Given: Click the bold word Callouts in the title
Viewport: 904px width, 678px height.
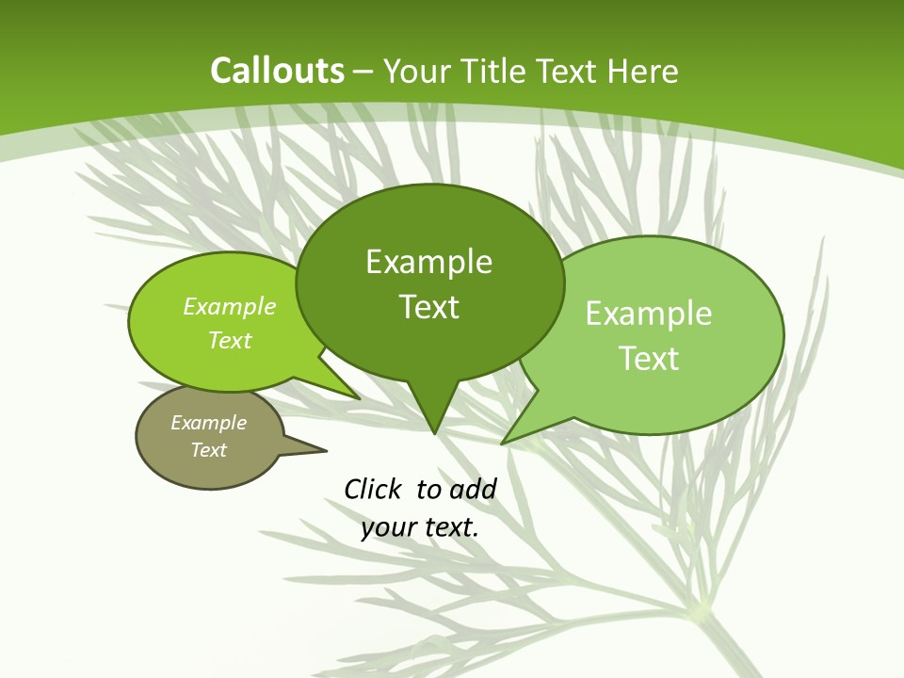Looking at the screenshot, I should click(278, 71).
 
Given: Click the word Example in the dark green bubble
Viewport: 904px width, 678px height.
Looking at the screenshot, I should click(428, 262).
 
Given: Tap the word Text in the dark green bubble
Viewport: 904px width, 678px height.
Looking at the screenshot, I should click(428, 307).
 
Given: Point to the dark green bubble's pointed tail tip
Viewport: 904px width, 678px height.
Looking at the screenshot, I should click(434, 433).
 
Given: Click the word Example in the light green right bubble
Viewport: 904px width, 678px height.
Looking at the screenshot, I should click(649, 314).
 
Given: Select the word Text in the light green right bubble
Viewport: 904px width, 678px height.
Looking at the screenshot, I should click(649, 359).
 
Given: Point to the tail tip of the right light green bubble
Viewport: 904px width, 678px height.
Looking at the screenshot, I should click(502, 443).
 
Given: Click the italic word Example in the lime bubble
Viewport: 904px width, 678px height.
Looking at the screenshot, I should click(230, 306).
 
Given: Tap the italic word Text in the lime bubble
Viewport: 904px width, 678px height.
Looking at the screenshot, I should click(230, 340).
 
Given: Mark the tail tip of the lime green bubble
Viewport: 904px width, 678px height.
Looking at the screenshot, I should click(360, 398).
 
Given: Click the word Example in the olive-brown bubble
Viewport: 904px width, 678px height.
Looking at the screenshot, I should click(208, 423).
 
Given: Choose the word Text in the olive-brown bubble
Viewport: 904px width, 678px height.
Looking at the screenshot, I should click(208, 450).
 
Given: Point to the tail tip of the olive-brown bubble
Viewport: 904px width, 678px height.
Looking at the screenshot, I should click(327, 450).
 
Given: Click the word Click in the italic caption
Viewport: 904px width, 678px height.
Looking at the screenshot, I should click(373, 489).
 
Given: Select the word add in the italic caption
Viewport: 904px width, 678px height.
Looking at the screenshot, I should click(473, 489).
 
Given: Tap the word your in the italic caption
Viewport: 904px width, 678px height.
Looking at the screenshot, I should click(388, 527).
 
